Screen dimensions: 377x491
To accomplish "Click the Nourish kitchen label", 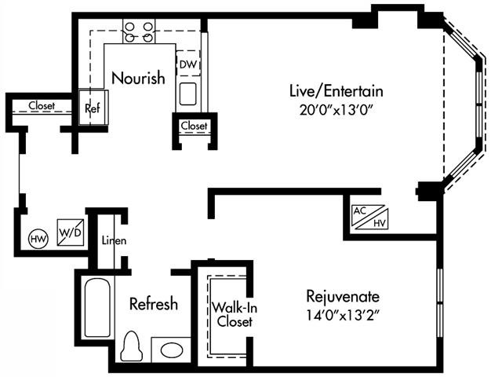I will pyautogui.click(x=138, y=78).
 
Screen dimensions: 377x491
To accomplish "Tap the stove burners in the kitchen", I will pyautogui.click(x=139, y=31).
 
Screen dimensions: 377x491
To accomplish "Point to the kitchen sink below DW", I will pyautogui.click(x=187, y=93).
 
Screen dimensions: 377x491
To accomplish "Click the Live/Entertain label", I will pyautogui.click(x=335, y=90).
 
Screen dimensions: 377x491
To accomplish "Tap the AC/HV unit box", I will pyautogui.click(x=369, y=216).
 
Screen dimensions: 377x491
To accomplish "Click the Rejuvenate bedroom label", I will pyautogui.click(x=344, y=297).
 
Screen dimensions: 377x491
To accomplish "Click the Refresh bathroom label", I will pyautogui.click(x=154, y=303).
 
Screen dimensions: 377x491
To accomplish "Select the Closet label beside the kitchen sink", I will pyautogui.click(x=194, y=126).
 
